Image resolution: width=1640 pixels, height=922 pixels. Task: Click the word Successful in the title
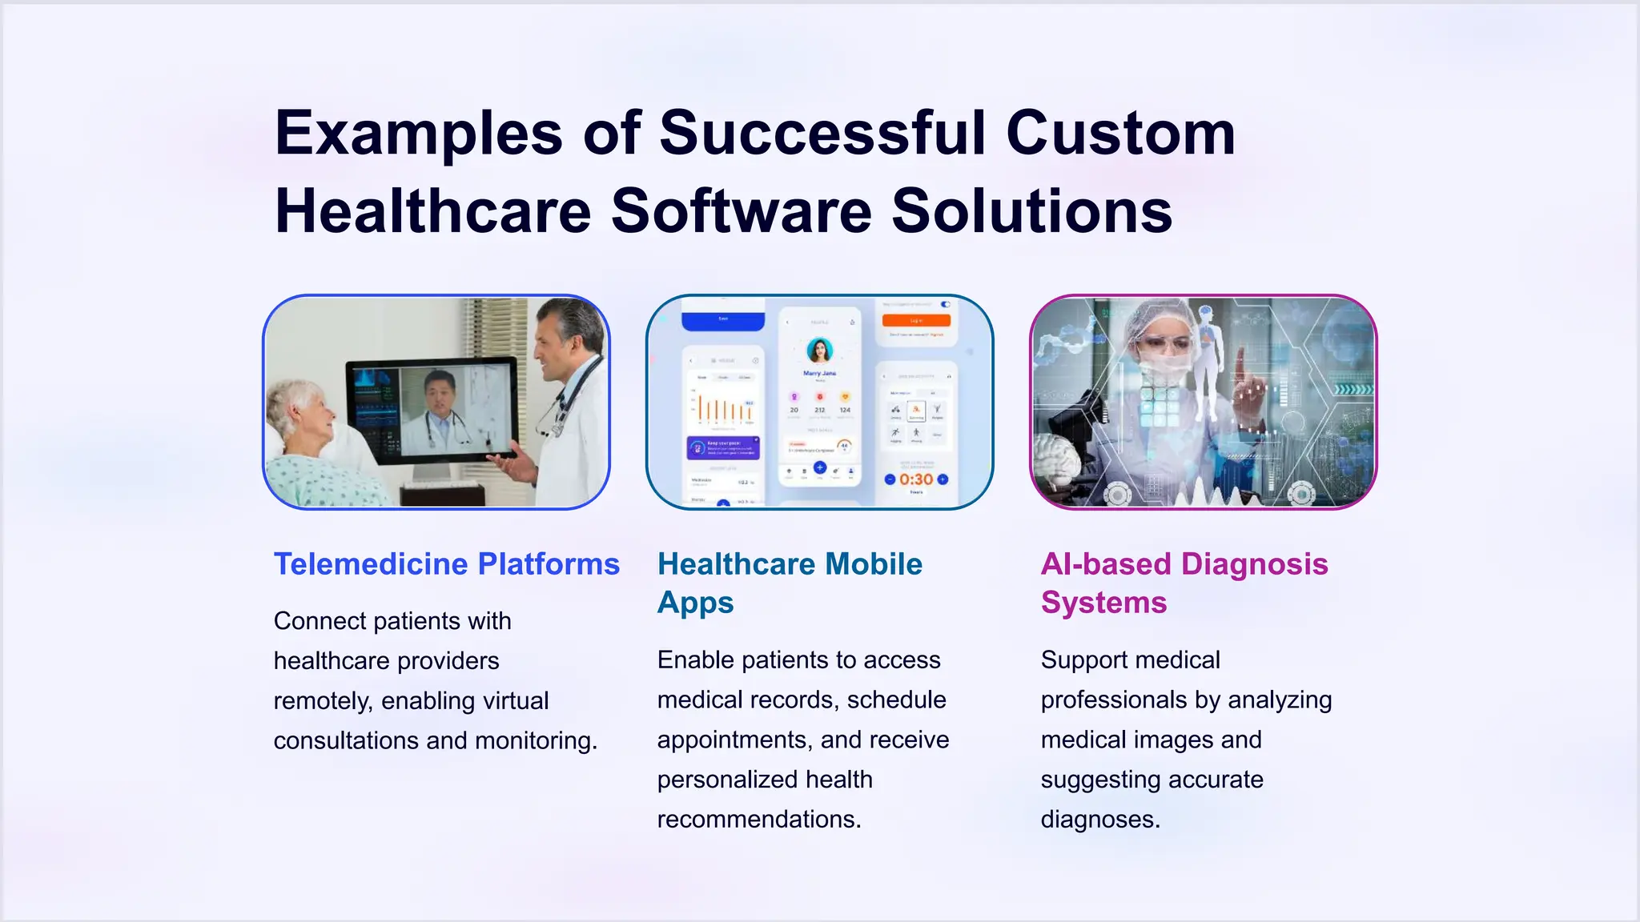pyautogui.click(x=822, y=133)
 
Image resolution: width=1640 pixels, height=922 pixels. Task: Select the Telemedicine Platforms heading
pyautogui.click(x=446, y=564)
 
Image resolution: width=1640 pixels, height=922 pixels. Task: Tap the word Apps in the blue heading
pyautogui.click(x=695, y=603)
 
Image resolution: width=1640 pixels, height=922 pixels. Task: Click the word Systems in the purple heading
pyautogui.click(x=1103, y=603)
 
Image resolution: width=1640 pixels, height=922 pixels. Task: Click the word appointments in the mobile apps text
pyautogui.click(x=734, y=740)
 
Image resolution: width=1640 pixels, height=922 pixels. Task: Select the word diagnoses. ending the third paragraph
pyautogui.click(x=1099, y=820)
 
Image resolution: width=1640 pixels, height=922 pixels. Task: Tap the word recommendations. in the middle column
pyautogui.click(x=758, y=820)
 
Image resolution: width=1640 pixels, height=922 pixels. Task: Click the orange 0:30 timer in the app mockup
pyautogui.click(x=916, y=479)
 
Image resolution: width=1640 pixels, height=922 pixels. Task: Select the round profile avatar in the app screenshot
pyautogui.click(x=819, y=351)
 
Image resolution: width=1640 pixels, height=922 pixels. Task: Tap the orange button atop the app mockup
pyautogui.click(x=916, y=320)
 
